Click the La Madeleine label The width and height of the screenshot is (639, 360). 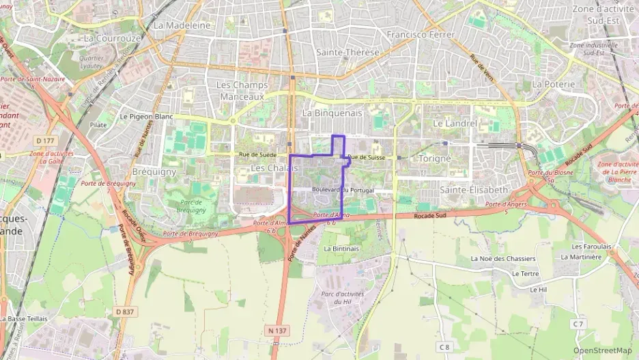[182, 25]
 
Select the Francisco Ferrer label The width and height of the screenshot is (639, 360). [421, 34]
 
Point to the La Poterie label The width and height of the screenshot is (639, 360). [554, 84]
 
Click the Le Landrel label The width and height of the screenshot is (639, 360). [455, 124]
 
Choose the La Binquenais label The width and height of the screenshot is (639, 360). [332, 113]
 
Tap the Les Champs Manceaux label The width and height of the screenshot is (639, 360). [242, 91]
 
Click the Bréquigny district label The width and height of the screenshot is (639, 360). [154, 171]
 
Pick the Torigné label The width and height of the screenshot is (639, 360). [435, 158]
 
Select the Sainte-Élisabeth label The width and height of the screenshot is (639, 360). [474, 189]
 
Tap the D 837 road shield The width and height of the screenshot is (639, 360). [124, 311]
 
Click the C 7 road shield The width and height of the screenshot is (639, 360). [578, 323]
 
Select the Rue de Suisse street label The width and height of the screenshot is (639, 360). [367, 158]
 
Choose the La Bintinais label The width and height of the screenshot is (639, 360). [341, 249]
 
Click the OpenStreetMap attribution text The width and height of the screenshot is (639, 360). [602, 350]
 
